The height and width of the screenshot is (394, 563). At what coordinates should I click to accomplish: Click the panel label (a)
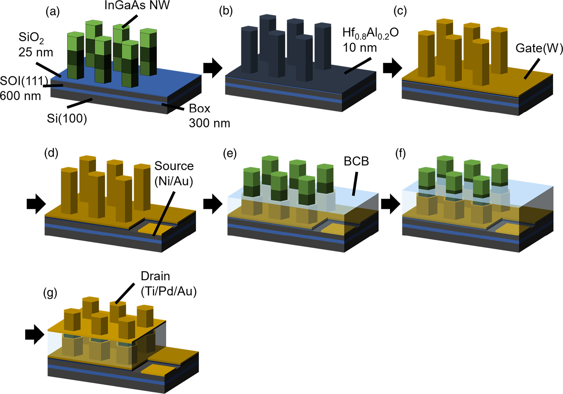53,12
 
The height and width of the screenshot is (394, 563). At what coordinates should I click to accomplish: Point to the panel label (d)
51,153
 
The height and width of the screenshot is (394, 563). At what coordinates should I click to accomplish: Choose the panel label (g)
50,292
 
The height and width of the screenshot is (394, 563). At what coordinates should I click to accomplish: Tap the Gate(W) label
539,48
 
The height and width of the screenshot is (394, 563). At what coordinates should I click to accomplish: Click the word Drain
155,276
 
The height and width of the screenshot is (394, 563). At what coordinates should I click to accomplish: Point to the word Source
174,166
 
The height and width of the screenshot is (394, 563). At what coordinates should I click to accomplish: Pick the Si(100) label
67,118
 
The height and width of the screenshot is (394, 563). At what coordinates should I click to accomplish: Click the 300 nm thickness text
209,123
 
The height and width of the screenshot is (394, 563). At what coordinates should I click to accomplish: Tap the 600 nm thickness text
21,96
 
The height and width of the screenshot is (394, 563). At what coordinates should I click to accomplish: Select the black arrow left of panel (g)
35,334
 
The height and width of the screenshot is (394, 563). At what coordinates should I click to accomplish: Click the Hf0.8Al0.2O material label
370,33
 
